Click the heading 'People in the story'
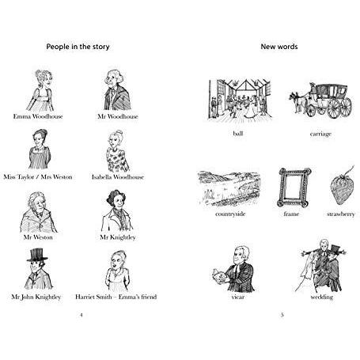[78, 47]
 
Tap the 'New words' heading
[279, 47]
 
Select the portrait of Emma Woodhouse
[41, 90]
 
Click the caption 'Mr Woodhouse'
[118, 116]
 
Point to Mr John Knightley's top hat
[37, 255]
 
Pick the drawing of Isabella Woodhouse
[117, 151]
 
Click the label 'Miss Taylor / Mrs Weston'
[38, 176]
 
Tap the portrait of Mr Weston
[38, 212]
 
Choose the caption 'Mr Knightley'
[118, 237]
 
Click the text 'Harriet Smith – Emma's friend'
[116, 297]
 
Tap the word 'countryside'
[230, 214]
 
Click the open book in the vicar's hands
[219, 275]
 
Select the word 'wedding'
[322, 297]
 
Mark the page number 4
[81, 315]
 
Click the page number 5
[282, 315]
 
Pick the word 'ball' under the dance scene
[238, 134]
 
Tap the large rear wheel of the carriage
[334, 108]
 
